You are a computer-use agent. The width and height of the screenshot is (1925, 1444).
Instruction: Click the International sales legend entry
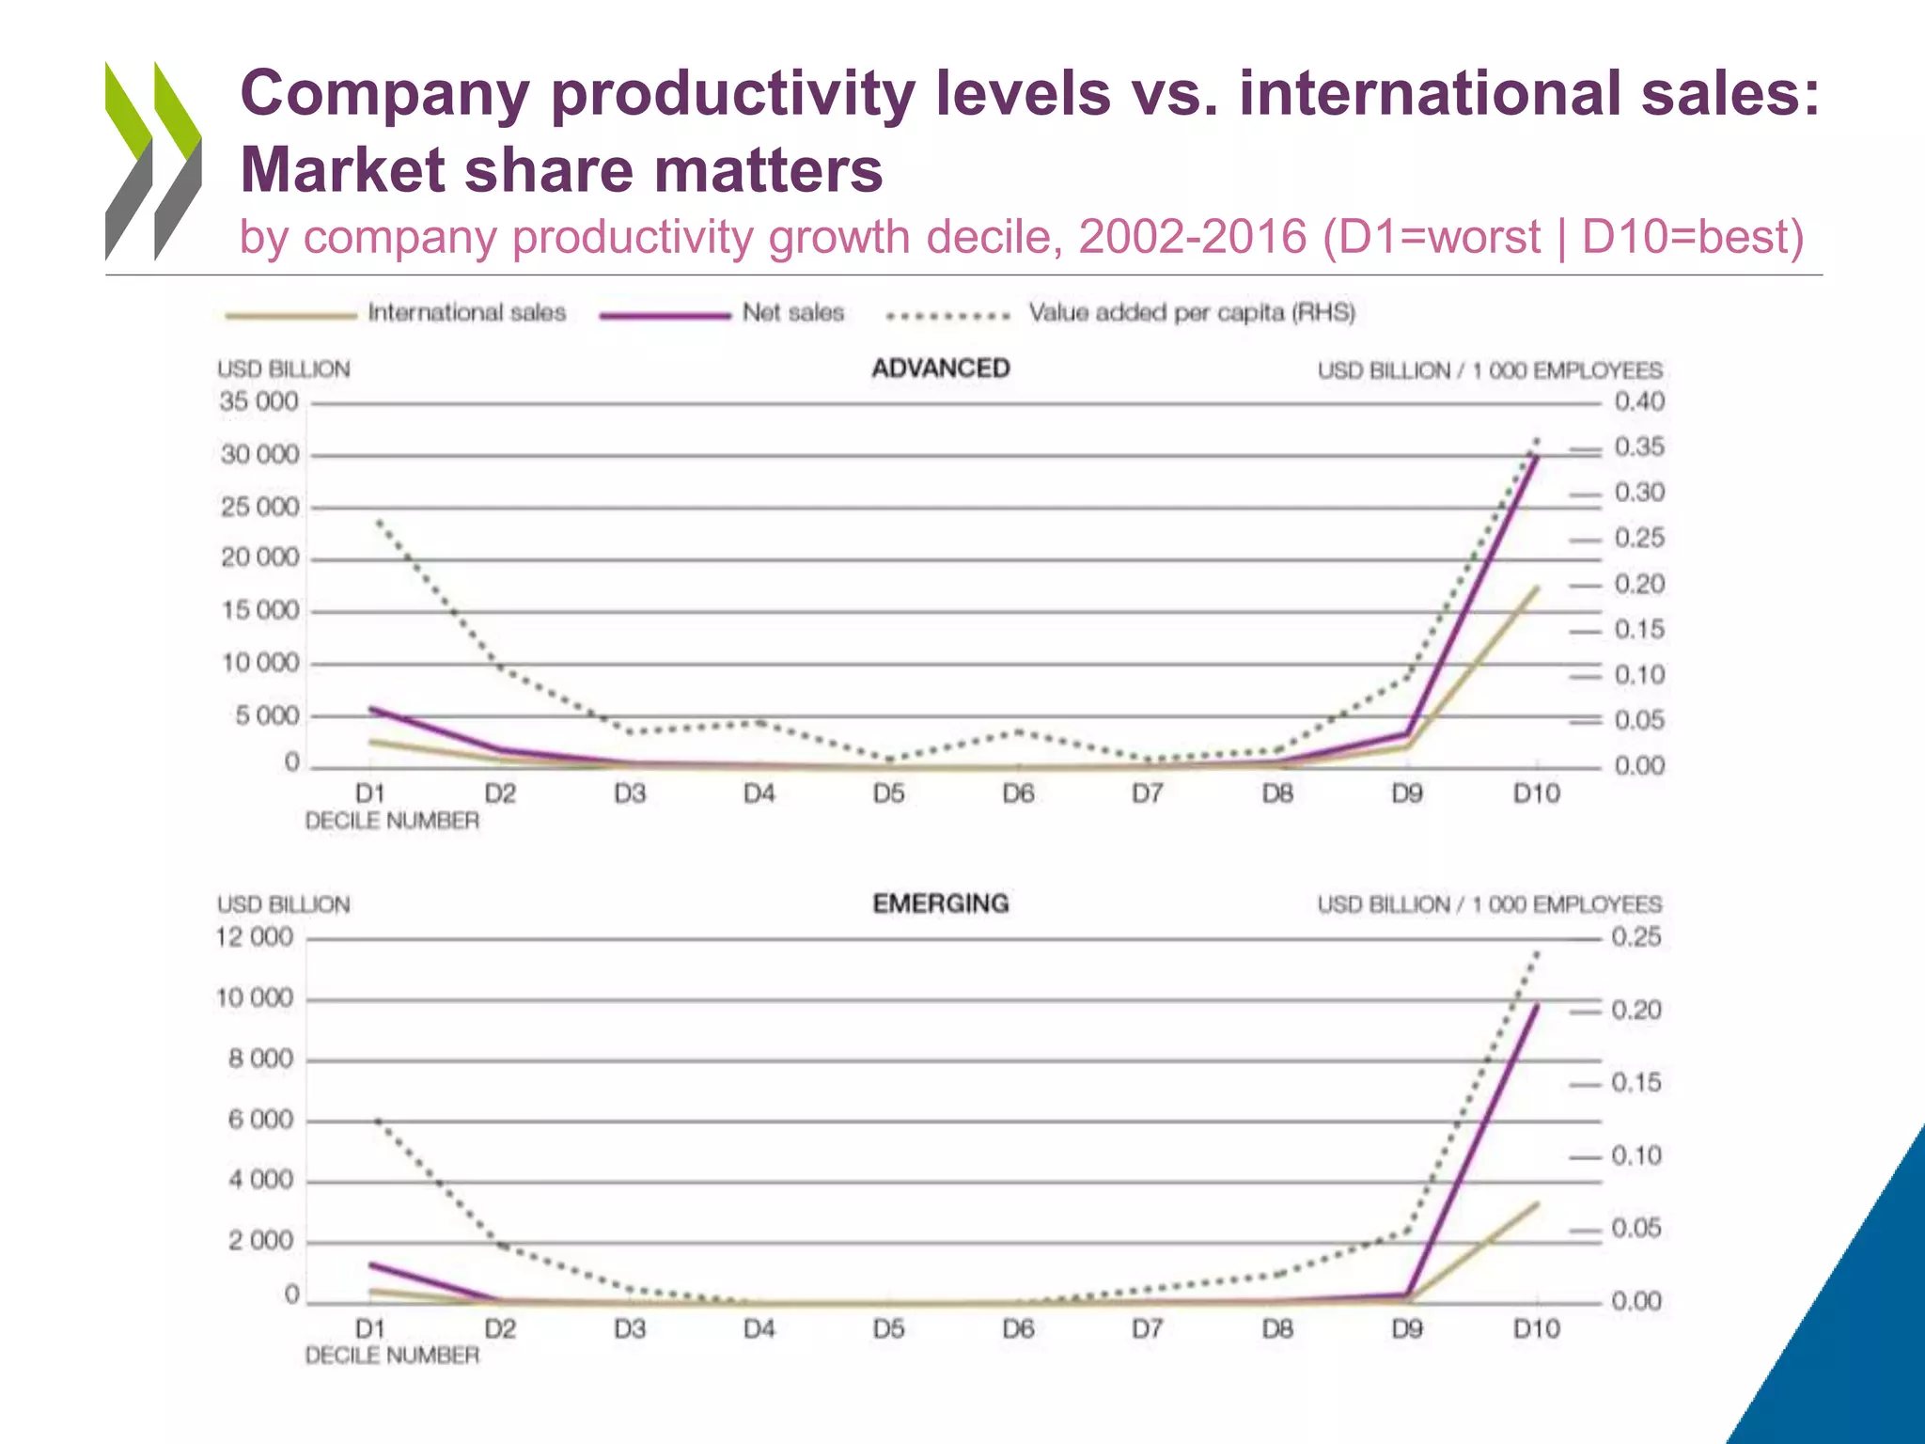(x=466, y=313)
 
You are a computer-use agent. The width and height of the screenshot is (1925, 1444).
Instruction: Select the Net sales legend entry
(x=792, y=313)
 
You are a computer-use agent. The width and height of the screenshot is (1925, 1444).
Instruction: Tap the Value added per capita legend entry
(x=1191, y=313)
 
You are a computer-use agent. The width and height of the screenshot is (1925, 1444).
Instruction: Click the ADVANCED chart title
(x=940, y=369)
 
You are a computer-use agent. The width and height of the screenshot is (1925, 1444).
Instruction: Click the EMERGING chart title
(x=940, y=903)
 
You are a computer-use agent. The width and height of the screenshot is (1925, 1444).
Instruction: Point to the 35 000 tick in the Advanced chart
(x=258, y=402)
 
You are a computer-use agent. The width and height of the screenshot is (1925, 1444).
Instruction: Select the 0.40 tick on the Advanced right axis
(x=1639, y=402)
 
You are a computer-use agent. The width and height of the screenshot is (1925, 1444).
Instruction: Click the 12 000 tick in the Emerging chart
(x=255, y=937)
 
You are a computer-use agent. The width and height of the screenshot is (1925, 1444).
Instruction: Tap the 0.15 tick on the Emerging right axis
(x=1635, y=1083)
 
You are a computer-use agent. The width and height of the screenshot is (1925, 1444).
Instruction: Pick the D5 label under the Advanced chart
(x=888, y=794)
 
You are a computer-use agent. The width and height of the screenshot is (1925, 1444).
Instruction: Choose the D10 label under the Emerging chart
(x=1536, y=1329)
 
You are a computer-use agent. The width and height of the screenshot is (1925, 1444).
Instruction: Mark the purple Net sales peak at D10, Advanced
(x=1536, y=457)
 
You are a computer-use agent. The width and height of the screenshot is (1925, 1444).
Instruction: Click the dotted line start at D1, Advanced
(x=378, y=521)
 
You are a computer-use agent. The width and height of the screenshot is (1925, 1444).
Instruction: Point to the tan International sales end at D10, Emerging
(x=1537, y=1203)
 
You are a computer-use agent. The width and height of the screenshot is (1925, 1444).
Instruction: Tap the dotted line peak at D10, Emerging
(x=1537, y=953)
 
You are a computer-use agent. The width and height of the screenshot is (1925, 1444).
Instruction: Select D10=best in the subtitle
(x=1692, y=237)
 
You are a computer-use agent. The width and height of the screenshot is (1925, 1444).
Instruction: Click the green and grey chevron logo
(x=153, y=160)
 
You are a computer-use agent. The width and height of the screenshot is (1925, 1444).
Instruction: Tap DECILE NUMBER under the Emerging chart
(x=392, y=1356)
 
